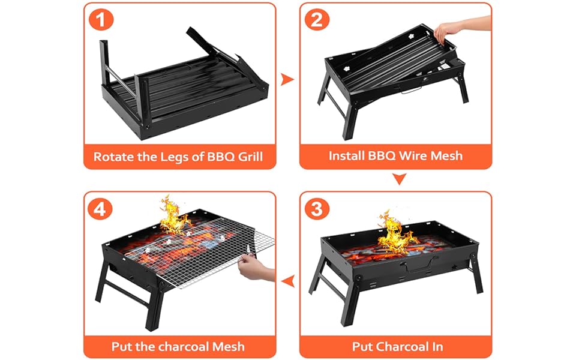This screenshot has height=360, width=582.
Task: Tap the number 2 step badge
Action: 317,20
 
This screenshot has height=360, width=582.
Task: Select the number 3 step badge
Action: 317,209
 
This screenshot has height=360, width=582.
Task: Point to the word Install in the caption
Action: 347,156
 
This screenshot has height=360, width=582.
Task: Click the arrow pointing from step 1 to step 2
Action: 288,79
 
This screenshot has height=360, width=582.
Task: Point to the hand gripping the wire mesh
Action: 256,269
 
